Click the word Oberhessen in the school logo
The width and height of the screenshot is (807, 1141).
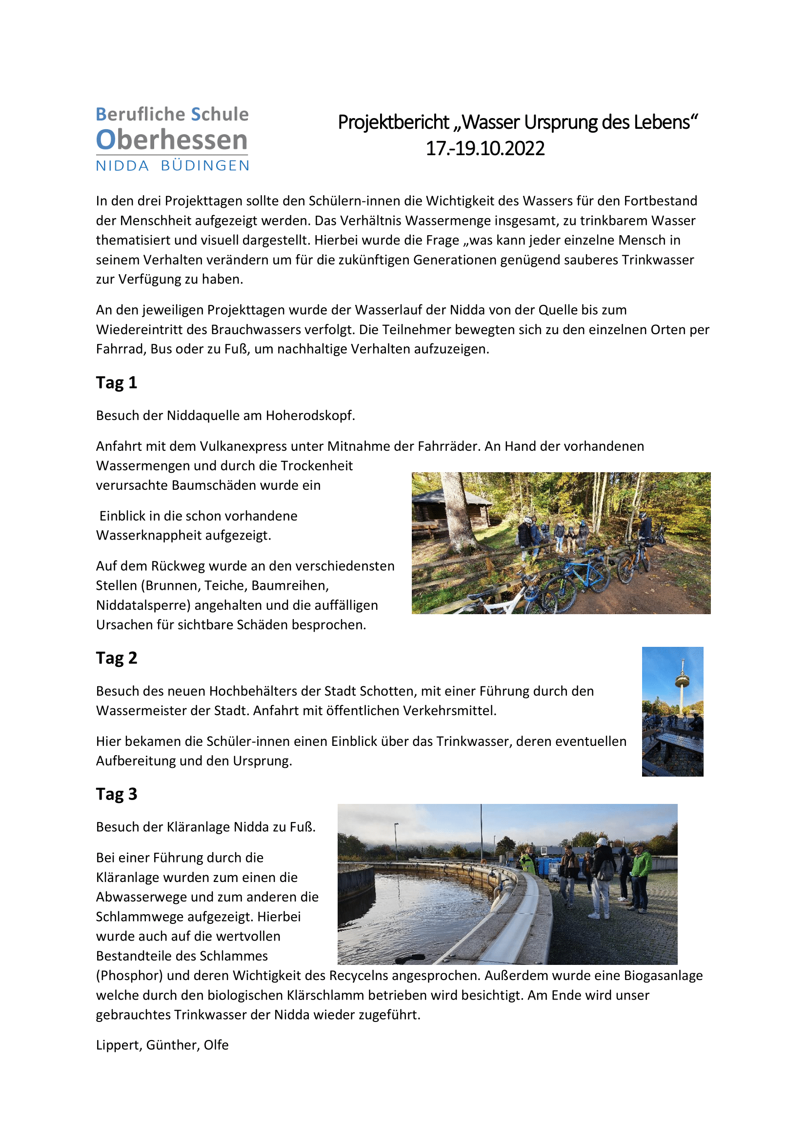pos(171,140)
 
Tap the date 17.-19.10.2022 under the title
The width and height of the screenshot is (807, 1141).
pos(485,149)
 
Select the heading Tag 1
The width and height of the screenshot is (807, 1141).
pos(116,382)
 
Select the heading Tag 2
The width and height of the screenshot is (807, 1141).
pos(116,658)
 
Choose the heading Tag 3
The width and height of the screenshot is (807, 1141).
pos(116,794)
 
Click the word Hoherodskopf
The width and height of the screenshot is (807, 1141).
pos(310,416)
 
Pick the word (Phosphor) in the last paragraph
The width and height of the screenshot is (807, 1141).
pos(129,976)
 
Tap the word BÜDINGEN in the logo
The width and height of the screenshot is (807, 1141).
pos(205,166)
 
